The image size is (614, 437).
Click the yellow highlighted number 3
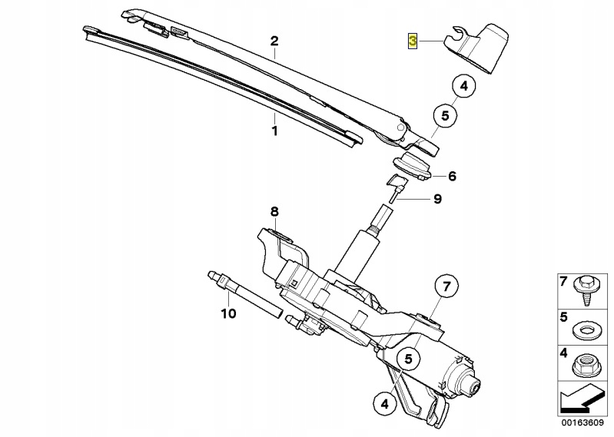413,41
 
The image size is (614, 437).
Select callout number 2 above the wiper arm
274,41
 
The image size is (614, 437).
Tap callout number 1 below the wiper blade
274,131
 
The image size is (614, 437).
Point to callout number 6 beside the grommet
452,176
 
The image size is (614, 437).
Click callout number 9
437,199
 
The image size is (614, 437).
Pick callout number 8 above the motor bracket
274,212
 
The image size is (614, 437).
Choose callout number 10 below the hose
229,313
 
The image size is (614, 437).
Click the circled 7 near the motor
447,286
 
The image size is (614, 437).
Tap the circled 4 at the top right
464,86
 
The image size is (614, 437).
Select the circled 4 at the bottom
385,403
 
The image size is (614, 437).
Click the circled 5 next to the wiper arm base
445,116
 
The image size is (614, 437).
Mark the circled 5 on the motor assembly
408,359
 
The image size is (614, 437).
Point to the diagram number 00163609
582,422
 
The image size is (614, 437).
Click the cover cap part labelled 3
476,48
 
